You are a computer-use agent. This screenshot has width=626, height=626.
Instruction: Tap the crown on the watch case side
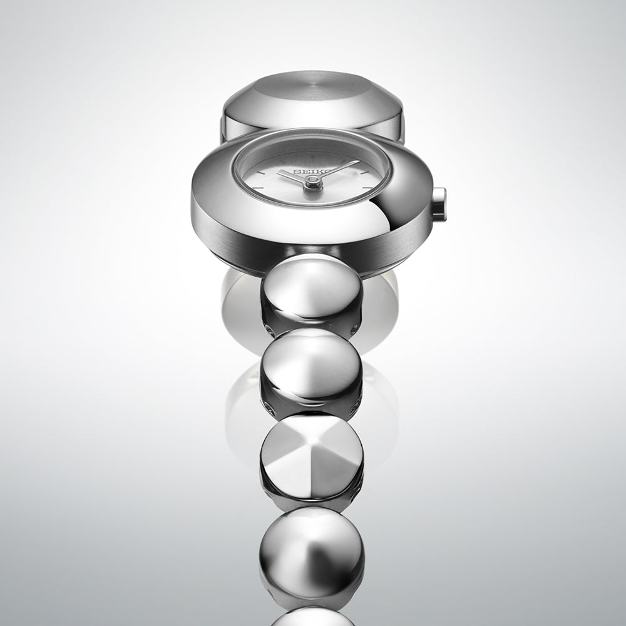[439, 204]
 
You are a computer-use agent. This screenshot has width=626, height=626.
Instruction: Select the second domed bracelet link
[311, 366]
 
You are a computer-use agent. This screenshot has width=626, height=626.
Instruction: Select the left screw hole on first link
[269, 328]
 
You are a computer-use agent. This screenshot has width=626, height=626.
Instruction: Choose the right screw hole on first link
[354, 328]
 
